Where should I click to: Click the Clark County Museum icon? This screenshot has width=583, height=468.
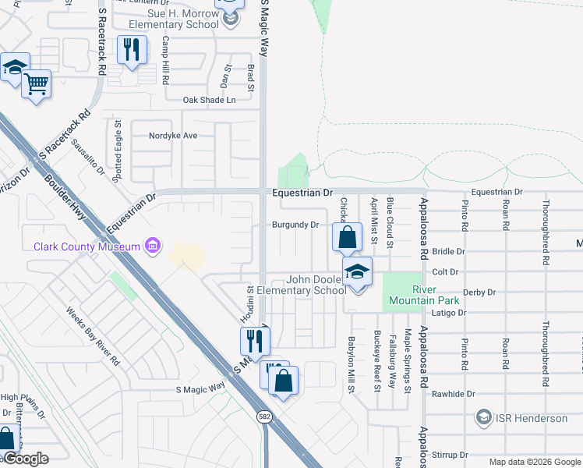[x=153, y=246]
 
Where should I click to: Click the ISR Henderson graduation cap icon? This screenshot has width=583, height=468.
[x=484, y=418]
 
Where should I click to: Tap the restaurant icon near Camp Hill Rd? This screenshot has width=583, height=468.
[x=129, y=49]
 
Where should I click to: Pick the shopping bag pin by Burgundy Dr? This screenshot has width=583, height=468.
[x=348, y=236]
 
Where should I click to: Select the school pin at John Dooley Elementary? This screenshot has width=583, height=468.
[x=358, y=271]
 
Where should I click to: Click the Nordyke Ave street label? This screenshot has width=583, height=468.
[x=173, y=136]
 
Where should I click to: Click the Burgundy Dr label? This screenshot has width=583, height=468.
[x=295, y=225]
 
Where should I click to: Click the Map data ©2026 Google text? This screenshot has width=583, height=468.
[x=534, y=462]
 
